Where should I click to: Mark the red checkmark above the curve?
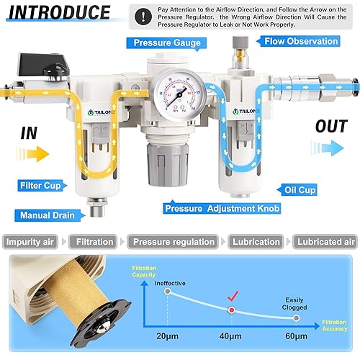(x=233, y=294)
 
